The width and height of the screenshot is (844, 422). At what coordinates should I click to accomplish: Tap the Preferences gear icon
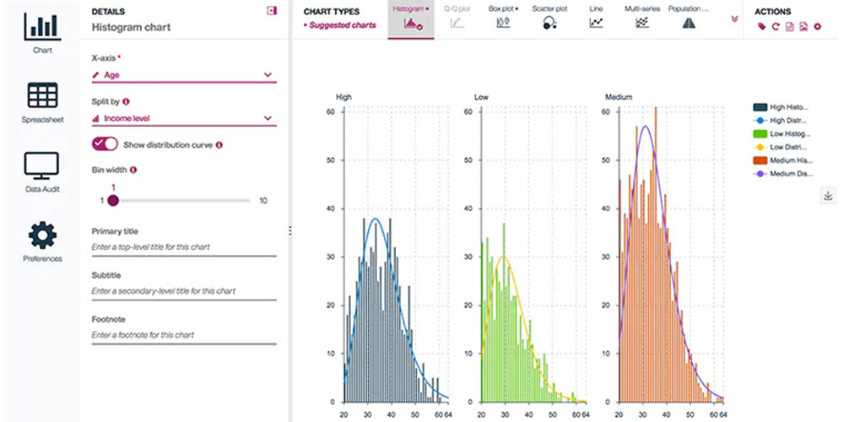42,235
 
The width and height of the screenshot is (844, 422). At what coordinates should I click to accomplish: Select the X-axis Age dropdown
183,75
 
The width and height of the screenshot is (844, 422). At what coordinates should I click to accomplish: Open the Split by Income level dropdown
183,118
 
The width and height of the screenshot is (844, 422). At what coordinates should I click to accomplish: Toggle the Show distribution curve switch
105,144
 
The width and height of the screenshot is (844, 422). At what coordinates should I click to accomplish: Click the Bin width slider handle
113,201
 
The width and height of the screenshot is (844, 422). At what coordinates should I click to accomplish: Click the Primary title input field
183,246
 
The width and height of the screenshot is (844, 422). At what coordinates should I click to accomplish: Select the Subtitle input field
183,291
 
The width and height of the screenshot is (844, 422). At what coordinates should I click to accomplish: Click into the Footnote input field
183,335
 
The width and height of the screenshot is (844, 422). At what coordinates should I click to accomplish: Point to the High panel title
344,97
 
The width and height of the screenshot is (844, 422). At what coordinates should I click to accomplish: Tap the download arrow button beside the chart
827,196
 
